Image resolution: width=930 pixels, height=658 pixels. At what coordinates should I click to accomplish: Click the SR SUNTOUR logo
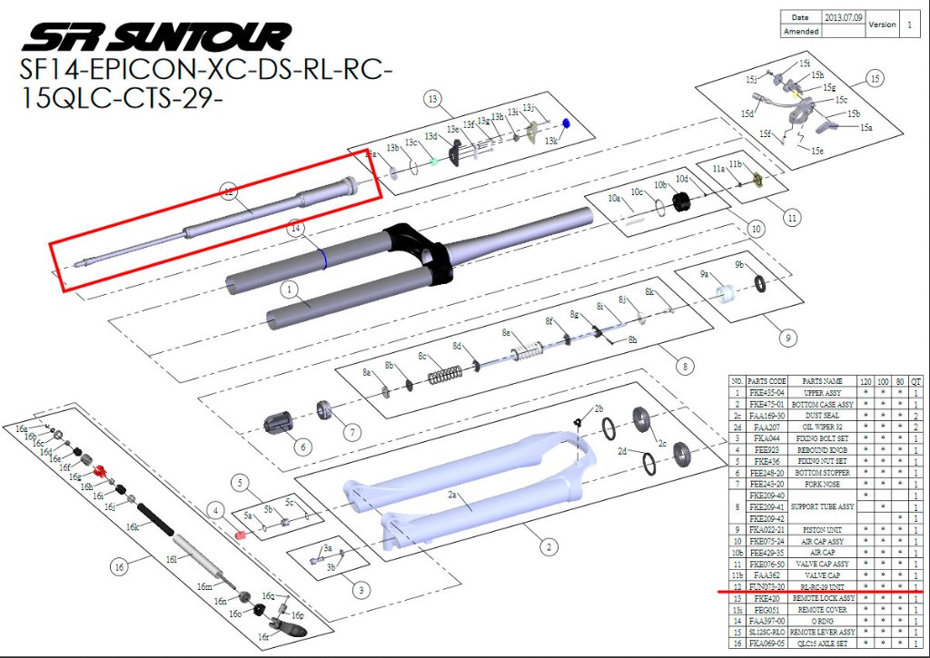point(156,36)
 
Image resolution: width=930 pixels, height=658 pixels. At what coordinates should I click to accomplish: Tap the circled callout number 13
point(432,98)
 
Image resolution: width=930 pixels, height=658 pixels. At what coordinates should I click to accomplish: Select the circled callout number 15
point(875,79)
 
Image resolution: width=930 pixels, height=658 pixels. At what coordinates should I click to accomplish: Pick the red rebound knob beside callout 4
point(242,535)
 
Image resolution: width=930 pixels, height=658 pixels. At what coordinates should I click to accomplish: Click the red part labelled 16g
point(101,470)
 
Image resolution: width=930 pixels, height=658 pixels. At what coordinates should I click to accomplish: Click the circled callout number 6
point(302,447)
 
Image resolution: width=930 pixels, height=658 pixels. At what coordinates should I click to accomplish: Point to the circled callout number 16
point(119,568)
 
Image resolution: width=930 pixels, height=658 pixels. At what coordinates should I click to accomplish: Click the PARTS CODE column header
point(767,380)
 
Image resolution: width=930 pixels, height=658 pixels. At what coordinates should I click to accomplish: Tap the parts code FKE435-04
point(767,392)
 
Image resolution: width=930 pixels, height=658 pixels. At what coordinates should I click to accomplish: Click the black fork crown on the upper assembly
point(427,250)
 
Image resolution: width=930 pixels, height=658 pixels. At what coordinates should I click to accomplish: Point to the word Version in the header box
point(882,25)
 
